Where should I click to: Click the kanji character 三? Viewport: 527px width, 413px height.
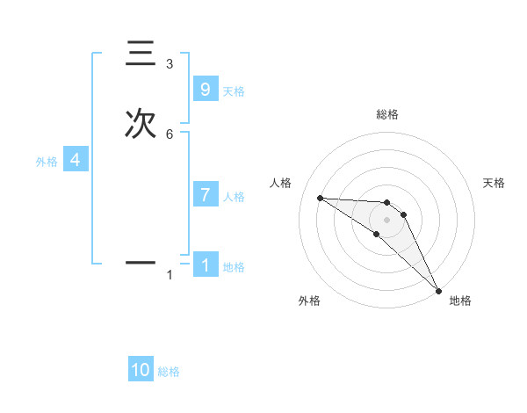[141, 54]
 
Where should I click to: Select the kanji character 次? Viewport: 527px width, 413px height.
[141, 124]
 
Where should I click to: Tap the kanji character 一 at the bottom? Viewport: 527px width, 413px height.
[141, 262]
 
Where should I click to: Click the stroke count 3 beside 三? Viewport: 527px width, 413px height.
[170, 64]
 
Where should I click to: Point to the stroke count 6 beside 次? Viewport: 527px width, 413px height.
[170, 134]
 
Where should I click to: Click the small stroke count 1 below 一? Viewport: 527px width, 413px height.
[170, 275]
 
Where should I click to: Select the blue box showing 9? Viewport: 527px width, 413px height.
[205, 89]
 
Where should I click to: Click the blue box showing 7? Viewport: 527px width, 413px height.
[205, 194]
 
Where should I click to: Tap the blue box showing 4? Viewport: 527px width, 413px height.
[75, 160]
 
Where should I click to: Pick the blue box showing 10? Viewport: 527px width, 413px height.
[141, 370]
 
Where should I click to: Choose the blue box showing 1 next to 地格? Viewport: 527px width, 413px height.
[205, 264]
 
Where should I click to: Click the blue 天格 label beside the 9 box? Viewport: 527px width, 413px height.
[234, 91]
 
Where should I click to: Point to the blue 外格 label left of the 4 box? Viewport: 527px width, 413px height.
[46, 162]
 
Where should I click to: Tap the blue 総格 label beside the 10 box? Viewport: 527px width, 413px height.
[169, 372]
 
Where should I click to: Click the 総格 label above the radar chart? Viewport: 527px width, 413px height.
[386, 114]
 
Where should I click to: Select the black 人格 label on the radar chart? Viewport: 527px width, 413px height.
[281, 183]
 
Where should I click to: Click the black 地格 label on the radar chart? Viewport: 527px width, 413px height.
[460, 301]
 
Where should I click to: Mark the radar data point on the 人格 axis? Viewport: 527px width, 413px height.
[320, 198]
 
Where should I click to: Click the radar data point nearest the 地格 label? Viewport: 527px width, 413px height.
[439, 289]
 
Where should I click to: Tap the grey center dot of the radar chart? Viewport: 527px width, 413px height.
[386, 219]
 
